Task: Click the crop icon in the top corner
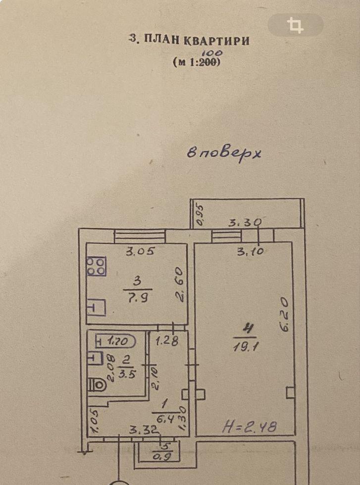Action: (295, 25)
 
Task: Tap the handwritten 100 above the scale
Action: (214, 53)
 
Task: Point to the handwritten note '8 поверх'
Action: (224, 154)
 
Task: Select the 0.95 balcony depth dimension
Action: (201, 215)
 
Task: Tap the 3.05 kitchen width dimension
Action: (140, 251)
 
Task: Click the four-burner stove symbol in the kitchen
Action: (96, 266)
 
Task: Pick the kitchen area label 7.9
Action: (137, 298)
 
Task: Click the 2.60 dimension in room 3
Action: (180, 285)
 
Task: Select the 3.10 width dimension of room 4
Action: (250, 251)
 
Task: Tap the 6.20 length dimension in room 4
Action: (285, 315)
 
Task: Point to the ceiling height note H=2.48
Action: (249, 427)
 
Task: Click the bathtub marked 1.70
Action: (116, 342)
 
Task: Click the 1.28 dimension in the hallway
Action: (167, 341)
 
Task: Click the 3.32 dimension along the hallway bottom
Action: (144, 430)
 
